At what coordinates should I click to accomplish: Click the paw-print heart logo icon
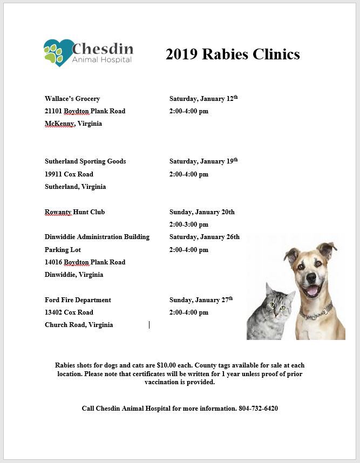click(58, 52)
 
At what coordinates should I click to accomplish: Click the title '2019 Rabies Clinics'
click(233, 55)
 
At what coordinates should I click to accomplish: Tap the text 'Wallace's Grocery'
click(72, 99)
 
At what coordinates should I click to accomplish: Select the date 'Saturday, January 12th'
click(203, 99)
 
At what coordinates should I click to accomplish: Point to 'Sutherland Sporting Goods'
click(85, 161)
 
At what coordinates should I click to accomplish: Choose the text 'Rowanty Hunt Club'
click(74, 212)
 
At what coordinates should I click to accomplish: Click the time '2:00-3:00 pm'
click(188, 224)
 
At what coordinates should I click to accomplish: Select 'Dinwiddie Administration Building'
click(97, 237)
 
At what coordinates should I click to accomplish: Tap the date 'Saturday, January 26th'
click(204, 237)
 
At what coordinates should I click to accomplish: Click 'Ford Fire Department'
click(78, 300)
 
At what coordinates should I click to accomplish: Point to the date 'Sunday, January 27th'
click(201, 300)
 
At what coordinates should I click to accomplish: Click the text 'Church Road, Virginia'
click(79, 325)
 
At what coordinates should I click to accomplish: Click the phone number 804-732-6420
click(258, 408)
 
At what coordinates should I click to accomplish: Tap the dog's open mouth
click(313, 291)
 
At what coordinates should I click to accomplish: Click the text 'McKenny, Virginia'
click(73, 124)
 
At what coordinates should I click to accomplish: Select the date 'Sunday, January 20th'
click(202, 212)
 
